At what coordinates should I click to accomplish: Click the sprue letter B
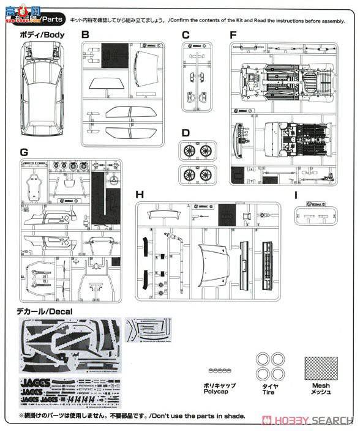(85, 35)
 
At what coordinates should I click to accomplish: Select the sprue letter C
(186, 35)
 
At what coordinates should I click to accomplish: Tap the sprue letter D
(186, 133)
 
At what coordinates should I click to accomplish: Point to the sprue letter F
(233, 35)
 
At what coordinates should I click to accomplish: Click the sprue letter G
(23, 152)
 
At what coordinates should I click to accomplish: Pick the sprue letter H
(140, 195)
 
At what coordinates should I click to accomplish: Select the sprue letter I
(296, 196)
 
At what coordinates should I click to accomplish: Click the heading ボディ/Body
(41, 35)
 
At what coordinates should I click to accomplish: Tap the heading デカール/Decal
(45, 312)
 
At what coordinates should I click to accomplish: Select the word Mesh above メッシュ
(320, 386)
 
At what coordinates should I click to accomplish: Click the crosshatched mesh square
(321, 365)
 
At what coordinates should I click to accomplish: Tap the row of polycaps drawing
(220, 371)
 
